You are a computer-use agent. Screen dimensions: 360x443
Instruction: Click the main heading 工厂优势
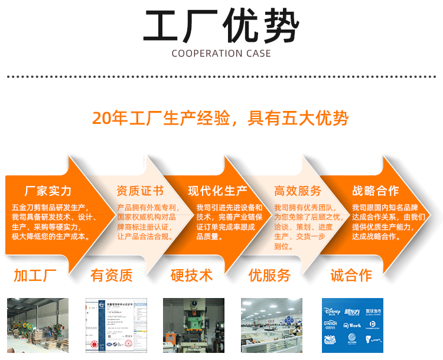(x=221, y=27)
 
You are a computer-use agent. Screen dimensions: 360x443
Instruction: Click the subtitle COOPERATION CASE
(x=221, y=54)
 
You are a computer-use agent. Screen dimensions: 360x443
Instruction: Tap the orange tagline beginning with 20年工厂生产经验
(x=220, y=118)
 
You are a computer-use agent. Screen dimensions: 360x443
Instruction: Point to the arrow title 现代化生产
(x=218, y=191)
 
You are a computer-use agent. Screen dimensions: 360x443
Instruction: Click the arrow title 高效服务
(x=298, y=191)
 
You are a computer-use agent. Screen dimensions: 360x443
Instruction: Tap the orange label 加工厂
(x=35, y=275)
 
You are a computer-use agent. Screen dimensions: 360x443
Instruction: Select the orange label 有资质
(x=112, y=275)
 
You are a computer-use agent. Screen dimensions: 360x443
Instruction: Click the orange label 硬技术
(x=191, y=275)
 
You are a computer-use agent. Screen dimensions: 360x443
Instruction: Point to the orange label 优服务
(x=269, y=275)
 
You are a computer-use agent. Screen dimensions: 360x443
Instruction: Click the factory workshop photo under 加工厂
(x=38, y=325)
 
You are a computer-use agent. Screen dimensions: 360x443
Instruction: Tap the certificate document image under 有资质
(x=115, y=325)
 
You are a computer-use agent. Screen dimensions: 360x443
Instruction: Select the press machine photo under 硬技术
(x=194, y=325)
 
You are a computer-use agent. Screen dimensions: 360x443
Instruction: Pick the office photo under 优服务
(x=272, y=325)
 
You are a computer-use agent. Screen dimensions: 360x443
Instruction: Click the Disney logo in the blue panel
(x=333, y=311)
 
